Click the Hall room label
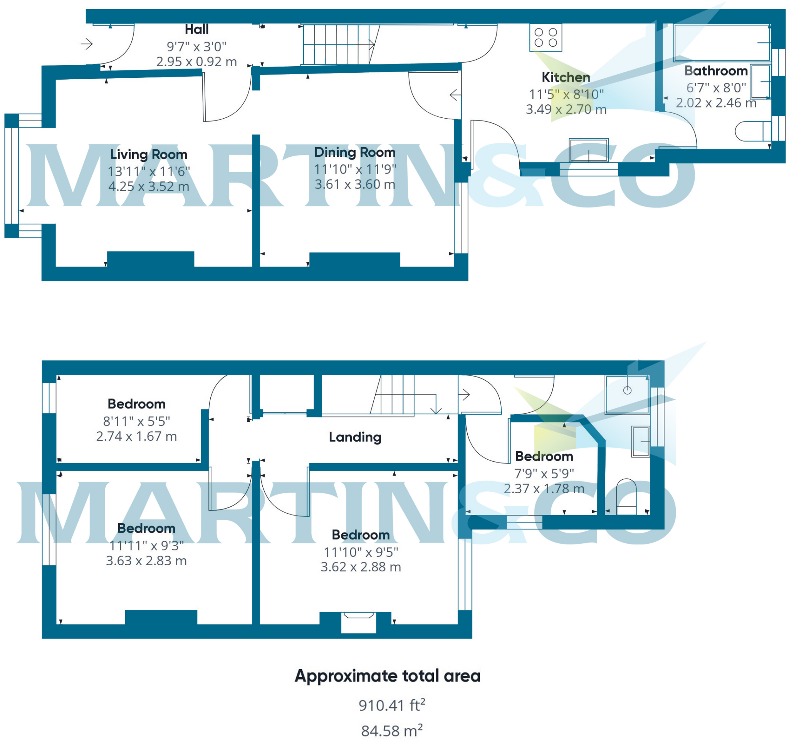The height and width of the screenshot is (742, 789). point(196,29)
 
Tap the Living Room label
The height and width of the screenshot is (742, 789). point(149,154)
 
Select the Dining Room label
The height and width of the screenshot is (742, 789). point(355,152)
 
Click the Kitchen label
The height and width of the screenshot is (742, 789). point(566,77)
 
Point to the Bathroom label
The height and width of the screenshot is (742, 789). point(716,71)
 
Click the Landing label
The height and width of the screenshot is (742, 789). point(355,437)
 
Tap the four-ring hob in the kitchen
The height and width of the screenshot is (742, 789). point(545,38)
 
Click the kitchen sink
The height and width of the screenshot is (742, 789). point(589,150)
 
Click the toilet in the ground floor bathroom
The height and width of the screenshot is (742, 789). point(752,131)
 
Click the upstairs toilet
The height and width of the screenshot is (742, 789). point(626,497)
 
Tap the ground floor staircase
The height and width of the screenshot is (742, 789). point(337,44)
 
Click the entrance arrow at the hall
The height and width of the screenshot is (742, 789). point(87,44)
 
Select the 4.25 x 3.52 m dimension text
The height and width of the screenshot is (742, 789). point(149,186)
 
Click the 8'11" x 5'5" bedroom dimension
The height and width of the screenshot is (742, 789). point(136,421)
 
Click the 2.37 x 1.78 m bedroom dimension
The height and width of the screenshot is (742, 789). point(544,489)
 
